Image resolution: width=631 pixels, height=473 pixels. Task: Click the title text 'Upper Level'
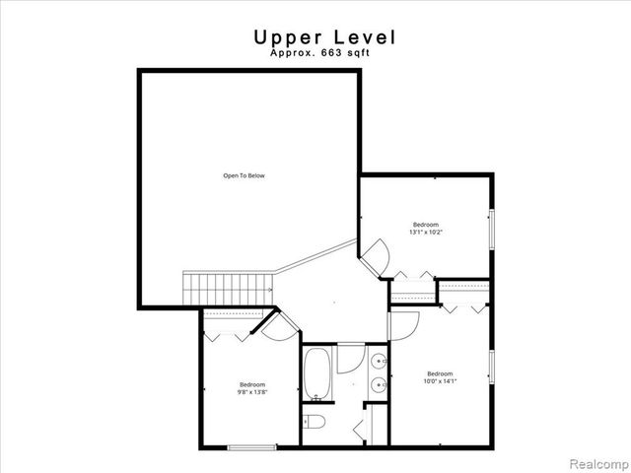click(324, 37)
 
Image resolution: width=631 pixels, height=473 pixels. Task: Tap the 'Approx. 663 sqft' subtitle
click(324, 55)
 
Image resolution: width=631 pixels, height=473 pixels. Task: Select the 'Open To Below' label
click(244, 176)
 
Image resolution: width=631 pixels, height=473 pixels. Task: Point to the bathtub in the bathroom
click(316, 373)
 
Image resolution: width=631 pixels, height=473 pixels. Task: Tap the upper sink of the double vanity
click(379, 361)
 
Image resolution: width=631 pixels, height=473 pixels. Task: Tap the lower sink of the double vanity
click(379, 385)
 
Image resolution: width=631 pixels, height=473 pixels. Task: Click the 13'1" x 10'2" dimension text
click(427, 233)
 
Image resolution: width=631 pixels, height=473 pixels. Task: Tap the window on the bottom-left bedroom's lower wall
click(252, 448)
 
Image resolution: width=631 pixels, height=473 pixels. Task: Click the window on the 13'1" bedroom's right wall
click(491, 228)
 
